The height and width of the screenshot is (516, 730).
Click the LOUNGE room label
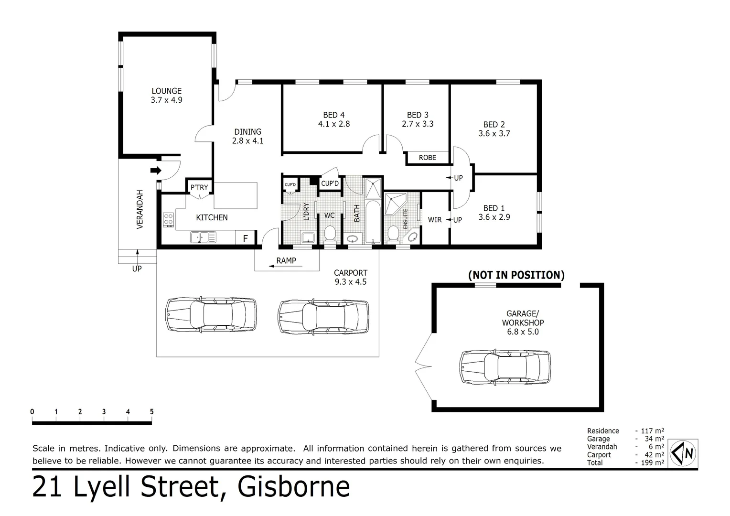166,91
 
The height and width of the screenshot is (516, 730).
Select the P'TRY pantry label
199,187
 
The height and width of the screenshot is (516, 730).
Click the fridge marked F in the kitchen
246,238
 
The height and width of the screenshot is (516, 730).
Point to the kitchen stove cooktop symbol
169,220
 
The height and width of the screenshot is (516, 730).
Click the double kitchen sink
203,236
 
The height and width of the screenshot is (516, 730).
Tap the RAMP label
286,261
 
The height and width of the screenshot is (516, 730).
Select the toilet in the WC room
330,234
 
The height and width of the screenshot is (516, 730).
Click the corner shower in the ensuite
396,203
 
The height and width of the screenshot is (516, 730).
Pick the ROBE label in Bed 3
427,158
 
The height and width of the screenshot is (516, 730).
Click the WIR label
434,220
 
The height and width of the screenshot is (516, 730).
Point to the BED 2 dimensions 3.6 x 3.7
494,134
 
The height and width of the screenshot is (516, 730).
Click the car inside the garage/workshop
505,366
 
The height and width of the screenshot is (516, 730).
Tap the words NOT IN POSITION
516,275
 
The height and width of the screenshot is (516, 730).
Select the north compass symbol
684,452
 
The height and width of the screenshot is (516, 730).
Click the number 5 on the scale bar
151,412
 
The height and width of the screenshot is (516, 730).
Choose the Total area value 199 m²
650,462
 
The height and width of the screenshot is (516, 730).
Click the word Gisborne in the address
294,487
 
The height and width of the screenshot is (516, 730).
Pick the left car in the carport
211,315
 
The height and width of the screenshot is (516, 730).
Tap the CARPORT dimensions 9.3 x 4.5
351,282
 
